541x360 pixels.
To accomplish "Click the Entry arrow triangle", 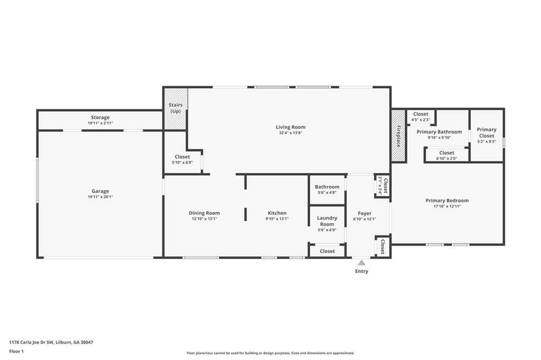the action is pos(361,263).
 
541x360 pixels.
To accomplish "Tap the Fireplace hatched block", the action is pos(398,136).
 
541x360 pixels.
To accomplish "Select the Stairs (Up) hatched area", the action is pos(175,109).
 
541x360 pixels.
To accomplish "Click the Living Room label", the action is pos(291,127).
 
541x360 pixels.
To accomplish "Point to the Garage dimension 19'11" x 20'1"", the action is pos(100,197).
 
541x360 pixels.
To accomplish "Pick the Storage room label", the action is pos(100,117).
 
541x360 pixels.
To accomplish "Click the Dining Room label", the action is pos(204,213).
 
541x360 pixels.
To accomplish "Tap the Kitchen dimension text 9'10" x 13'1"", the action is pos(277,219).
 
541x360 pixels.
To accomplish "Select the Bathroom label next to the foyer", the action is pos(327,186).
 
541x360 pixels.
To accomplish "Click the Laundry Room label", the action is pos(327,221).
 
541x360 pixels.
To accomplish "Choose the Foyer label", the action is pos(365,213).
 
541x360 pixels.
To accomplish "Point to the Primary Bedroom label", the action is pos(447,201).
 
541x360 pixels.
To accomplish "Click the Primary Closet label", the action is pos(487,132).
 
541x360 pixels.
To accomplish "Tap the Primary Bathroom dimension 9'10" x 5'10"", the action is pos(439,138).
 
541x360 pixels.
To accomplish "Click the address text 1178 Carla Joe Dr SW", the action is pos(31,343).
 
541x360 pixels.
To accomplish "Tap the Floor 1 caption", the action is pos(16,352).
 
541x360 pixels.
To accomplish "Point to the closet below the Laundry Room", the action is pos(327,251).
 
